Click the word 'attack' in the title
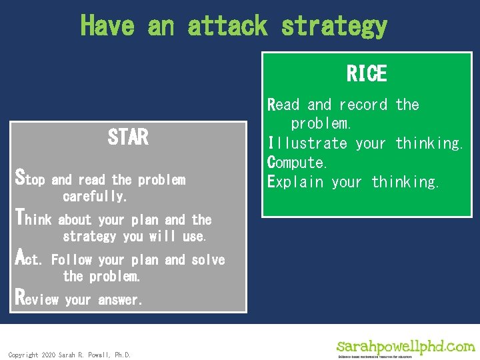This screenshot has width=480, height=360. (x=227, y=26)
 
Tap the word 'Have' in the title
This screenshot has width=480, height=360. (x=107, y=26)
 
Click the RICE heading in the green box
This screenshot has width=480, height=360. (x=367, y=73)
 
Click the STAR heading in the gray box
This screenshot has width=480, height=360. (x=128, y=137)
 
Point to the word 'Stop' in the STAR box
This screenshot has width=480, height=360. (x=30, y=179)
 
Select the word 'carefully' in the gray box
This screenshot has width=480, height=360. (x=94, y=197)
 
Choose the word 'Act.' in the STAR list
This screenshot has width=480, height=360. (x=29, y=259)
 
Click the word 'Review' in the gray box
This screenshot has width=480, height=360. (x=37, y=299)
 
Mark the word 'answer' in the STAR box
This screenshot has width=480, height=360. (x=120, y=300)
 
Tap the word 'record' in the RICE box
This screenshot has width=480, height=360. (x=363, y=105)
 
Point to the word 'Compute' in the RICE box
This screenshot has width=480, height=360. (x=297, y=163)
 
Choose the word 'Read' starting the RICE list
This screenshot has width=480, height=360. (x=283, y=105)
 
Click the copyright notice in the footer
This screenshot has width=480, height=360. (x=69, y=355)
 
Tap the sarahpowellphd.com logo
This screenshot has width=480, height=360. (x=405, y=348)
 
